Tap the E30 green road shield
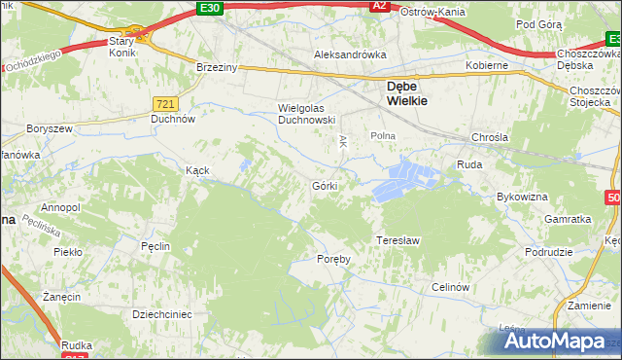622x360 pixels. [207, 7]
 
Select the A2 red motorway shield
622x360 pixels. [381, 7]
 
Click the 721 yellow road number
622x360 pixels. [164, 102]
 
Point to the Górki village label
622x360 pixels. [325, 185]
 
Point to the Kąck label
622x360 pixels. [198, 169]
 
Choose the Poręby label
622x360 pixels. [333, 259]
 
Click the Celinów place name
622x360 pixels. [451, 287]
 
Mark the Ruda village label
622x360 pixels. [469, 165]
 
